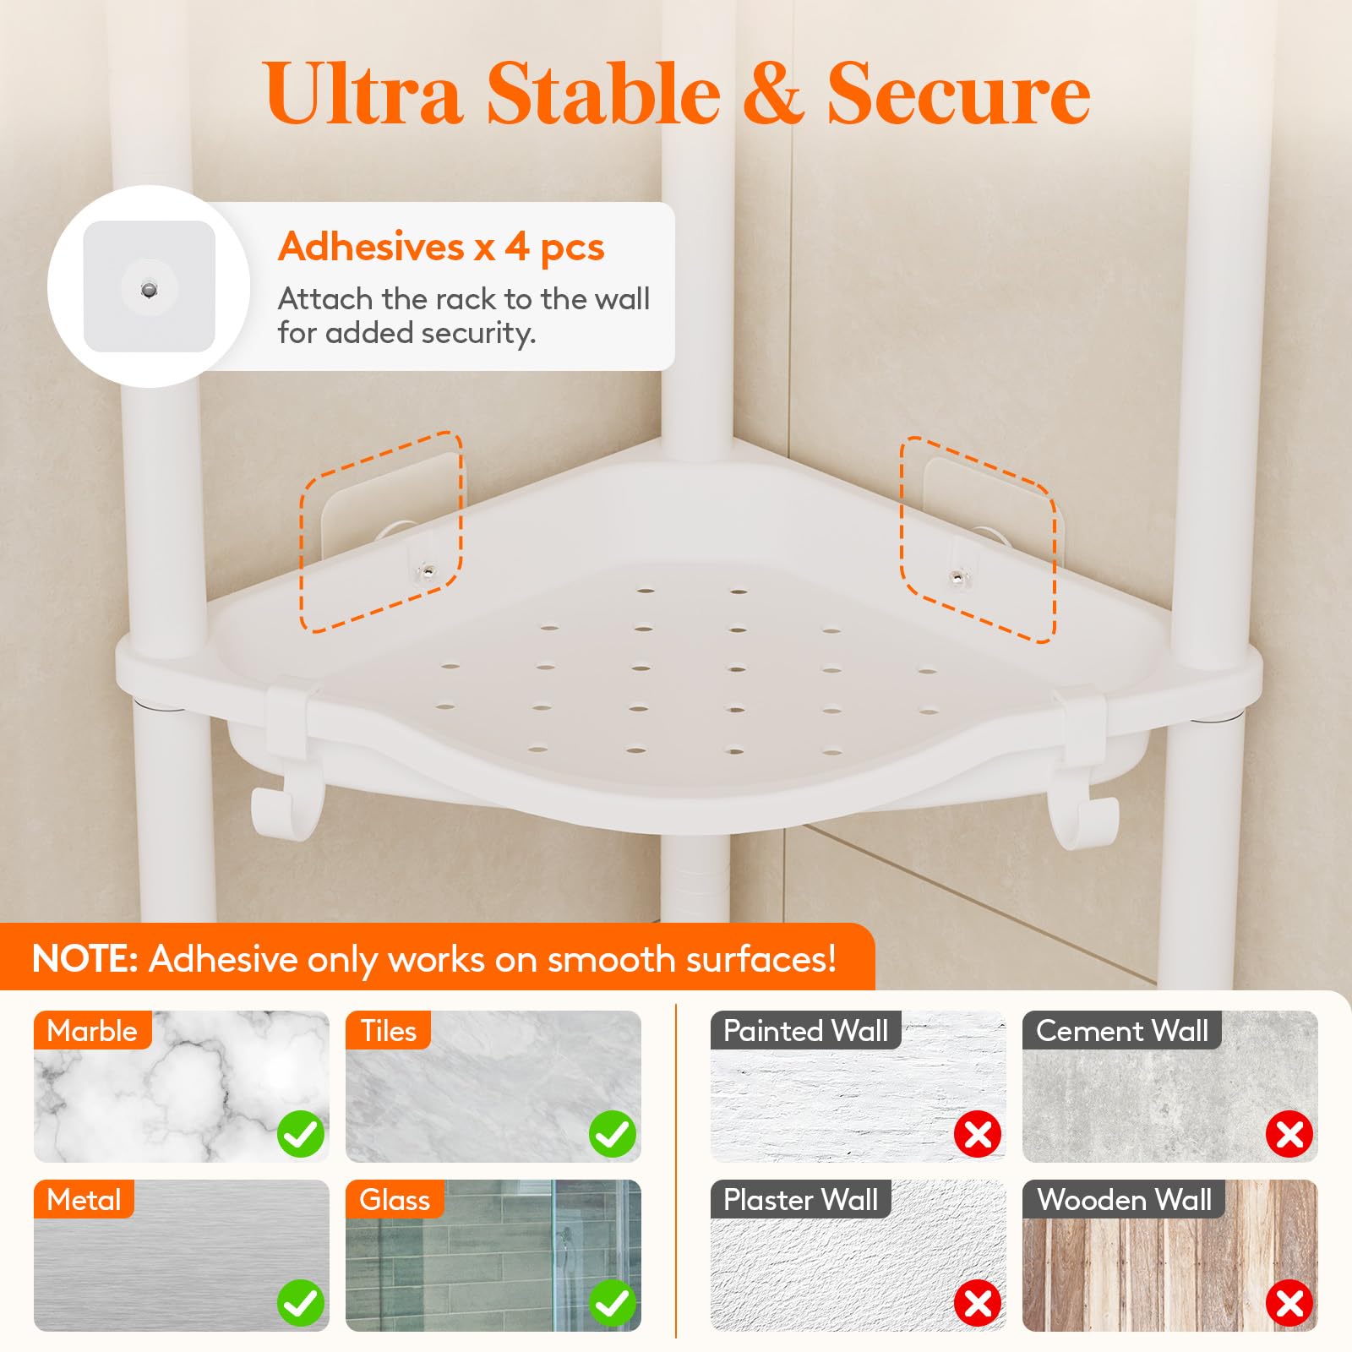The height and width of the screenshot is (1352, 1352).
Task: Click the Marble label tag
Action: (x=92, y=1030)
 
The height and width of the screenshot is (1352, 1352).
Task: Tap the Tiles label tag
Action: (x=388, y=1030)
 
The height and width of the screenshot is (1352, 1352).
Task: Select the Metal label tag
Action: (x=84, y=1199)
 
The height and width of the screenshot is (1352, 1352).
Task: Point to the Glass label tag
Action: (x=395, y=1199)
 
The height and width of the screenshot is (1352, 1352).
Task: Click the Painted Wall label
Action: (x=806, y=1030)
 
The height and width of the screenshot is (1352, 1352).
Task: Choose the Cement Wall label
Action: (x=1122, y=1030)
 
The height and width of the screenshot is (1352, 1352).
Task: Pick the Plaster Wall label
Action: (x=801, y=1199)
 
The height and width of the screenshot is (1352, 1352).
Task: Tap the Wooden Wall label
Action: (x=1124, y=1199)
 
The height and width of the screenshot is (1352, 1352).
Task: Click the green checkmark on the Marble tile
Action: (x=301, y=1134)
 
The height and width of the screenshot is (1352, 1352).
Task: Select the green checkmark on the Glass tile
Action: (x=613, y=1303)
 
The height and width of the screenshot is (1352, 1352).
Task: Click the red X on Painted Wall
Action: (x=978, y=1134)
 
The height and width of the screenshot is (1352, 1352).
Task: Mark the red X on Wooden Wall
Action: (x=1289, y=1303)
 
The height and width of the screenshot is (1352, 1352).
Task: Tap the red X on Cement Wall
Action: (x=1289, y=1134)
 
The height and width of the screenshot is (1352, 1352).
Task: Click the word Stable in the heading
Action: (x=602, y=93)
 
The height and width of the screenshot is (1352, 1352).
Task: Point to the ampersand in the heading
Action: (x=772, y=94)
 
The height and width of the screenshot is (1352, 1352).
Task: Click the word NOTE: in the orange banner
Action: (x=84, y=959)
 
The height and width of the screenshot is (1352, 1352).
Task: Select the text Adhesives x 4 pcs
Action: (x=441, y=247)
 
